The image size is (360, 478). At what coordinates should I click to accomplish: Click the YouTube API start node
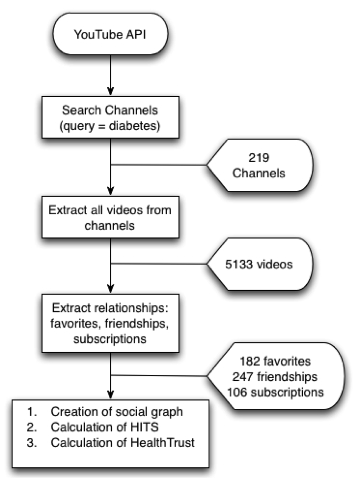click(110, 35)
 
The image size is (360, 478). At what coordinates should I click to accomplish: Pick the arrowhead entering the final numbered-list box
click(110, 395)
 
